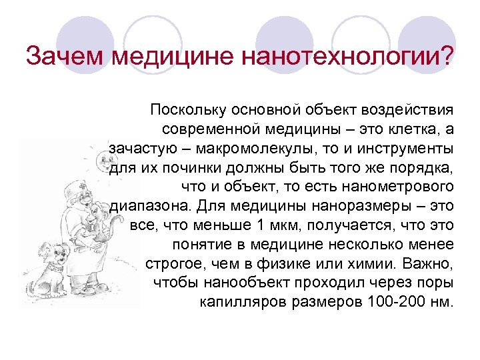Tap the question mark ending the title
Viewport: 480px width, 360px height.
point(445,56)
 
